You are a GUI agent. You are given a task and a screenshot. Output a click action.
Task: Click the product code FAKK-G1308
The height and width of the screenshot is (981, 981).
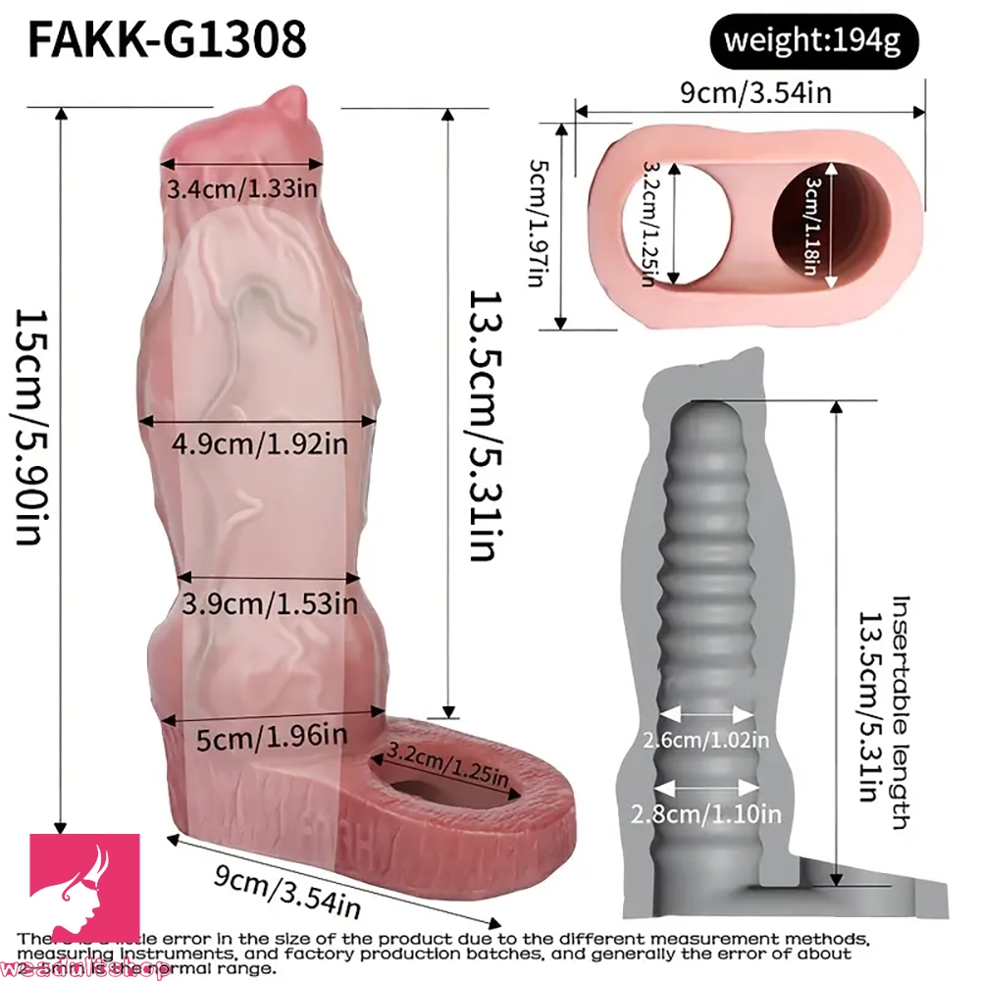coord(167,40)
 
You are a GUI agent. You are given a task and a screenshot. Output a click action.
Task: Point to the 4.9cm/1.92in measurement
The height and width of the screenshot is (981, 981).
coord(260,443)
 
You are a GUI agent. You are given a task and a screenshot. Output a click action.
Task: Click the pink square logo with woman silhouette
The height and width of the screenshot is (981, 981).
coord(82,889)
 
